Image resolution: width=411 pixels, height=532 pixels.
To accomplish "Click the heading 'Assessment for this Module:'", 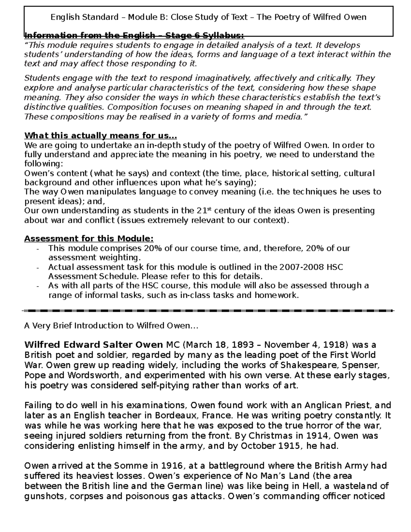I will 89,238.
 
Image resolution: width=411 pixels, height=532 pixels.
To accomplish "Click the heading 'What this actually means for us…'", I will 101,136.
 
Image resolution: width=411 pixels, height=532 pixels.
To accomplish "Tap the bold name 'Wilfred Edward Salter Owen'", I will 94,345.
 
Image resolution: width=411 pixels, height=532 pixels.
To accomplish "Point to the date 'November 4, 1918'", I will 312,345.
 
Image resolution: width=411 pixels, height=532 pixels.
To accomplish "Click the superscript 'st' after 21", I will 210,208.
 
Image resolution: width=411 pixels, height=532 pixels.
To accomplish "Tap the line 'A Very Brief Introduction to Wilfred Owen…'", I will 111,325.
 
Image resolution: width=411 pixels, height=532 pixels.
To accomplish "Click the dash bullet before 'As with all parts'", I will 38,286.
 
